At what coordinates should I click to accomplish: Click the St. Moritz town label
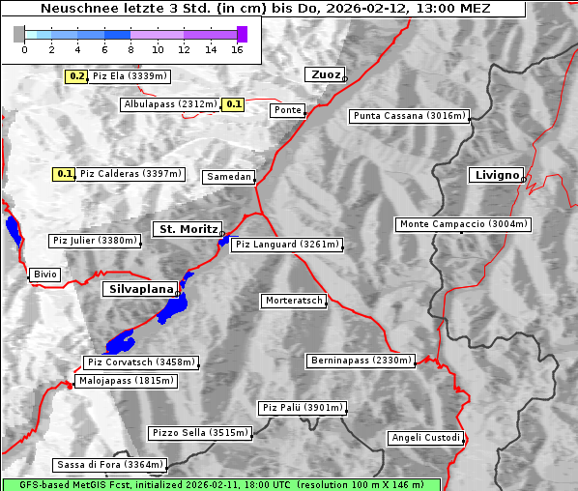pos(187,229)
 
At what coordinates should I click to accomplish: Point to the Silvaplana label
pos(139,289)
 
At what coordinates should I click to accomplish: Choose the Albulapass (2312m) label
pos(169,104)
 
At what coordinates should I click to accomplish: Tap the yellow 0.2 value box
pos(77,76)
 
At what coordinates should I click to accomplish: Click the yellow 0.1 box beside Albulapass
pos(233,104)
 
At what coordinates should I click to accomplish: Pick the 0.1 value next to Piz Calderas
pos(65,174)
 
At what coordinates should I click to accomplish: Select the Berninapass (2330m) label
pos(361,361)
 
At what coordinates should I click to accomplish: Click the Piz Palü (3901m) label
pos(302,408)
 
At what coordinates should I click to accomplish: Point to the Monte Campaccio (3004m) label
pos(463,224)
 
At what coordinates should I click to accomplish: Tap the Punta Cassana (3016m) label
pos(408,116)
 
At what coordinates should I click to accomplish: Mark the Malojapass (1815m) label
pos(126,382)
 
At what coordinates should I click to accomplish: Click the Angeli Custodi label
pos(425,438)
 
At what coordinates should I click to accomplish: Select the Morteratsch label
pos(293,301)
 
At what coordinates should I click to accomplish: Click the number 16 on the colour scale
pos(237,49)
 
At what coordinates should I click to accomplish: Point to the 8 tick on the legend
pos(130,49)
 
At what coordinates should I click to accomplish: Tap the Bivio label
pos(44,274)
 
